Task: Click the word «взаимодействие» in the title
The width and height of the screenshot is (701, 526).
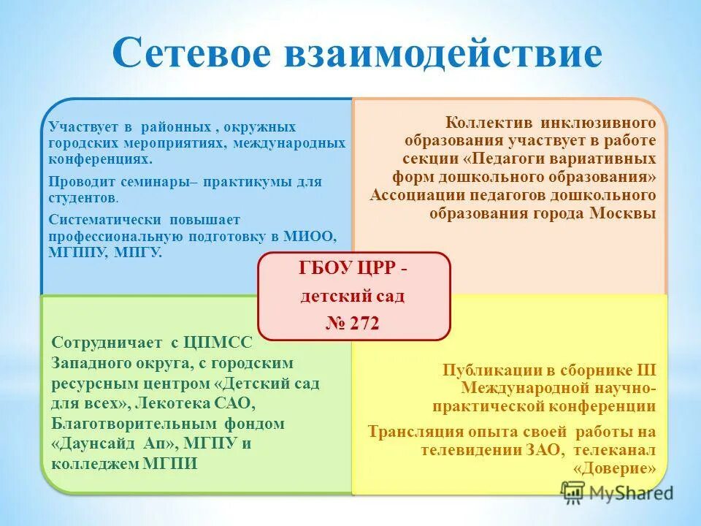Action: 446,53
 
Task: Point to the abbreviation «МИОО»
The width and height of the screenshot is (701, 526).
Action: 314,236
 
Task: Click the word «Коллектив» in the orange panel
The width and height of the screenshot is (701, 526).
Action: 483,122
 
